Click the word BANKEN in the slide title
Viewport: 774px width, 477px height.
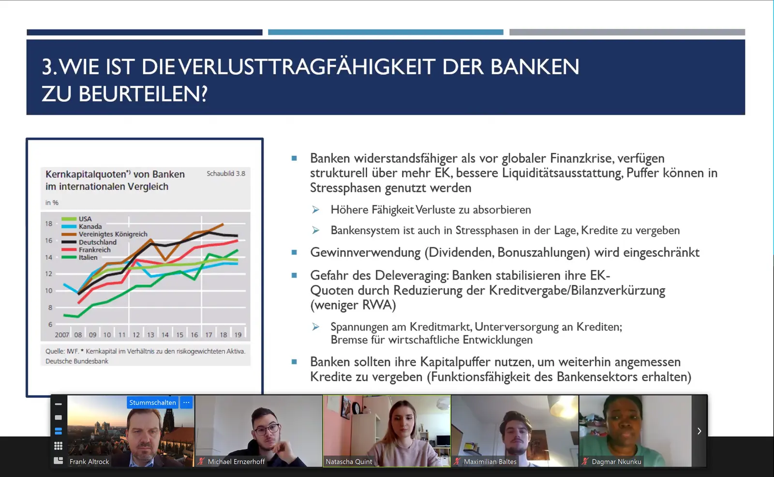click(535, 66)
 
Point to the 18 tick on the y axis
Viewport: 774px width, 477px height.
click(49, 224)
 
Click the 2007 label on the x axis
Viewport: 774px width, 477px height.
click(62, 335)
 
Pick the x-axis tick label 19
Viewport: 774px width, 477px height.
click(238, 335)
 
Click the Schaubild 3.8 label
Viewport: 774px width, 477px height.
click(226, 174)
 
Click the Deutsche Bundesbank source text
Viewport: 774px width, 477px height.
click(77, 361)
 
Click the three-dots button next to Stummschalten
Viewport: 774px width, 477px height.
click(186, 402)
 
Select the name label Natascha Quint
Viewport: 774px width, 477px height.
click(349, 462)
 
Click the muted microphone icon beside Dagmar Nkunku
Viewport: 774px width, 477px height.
click(585, 461)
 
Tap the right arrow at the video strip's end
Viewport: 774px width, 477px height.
click(699, 431)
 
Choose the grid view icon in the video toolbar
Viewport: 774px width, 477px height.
click(59, 446)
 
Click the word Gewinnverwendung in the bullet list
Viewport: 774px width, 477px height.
click(365, 253)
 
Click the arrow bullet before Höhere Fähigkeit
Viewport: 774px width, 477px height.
click(315, 209)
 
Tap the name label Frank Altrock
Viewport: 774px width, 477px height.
click(89, 462)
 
